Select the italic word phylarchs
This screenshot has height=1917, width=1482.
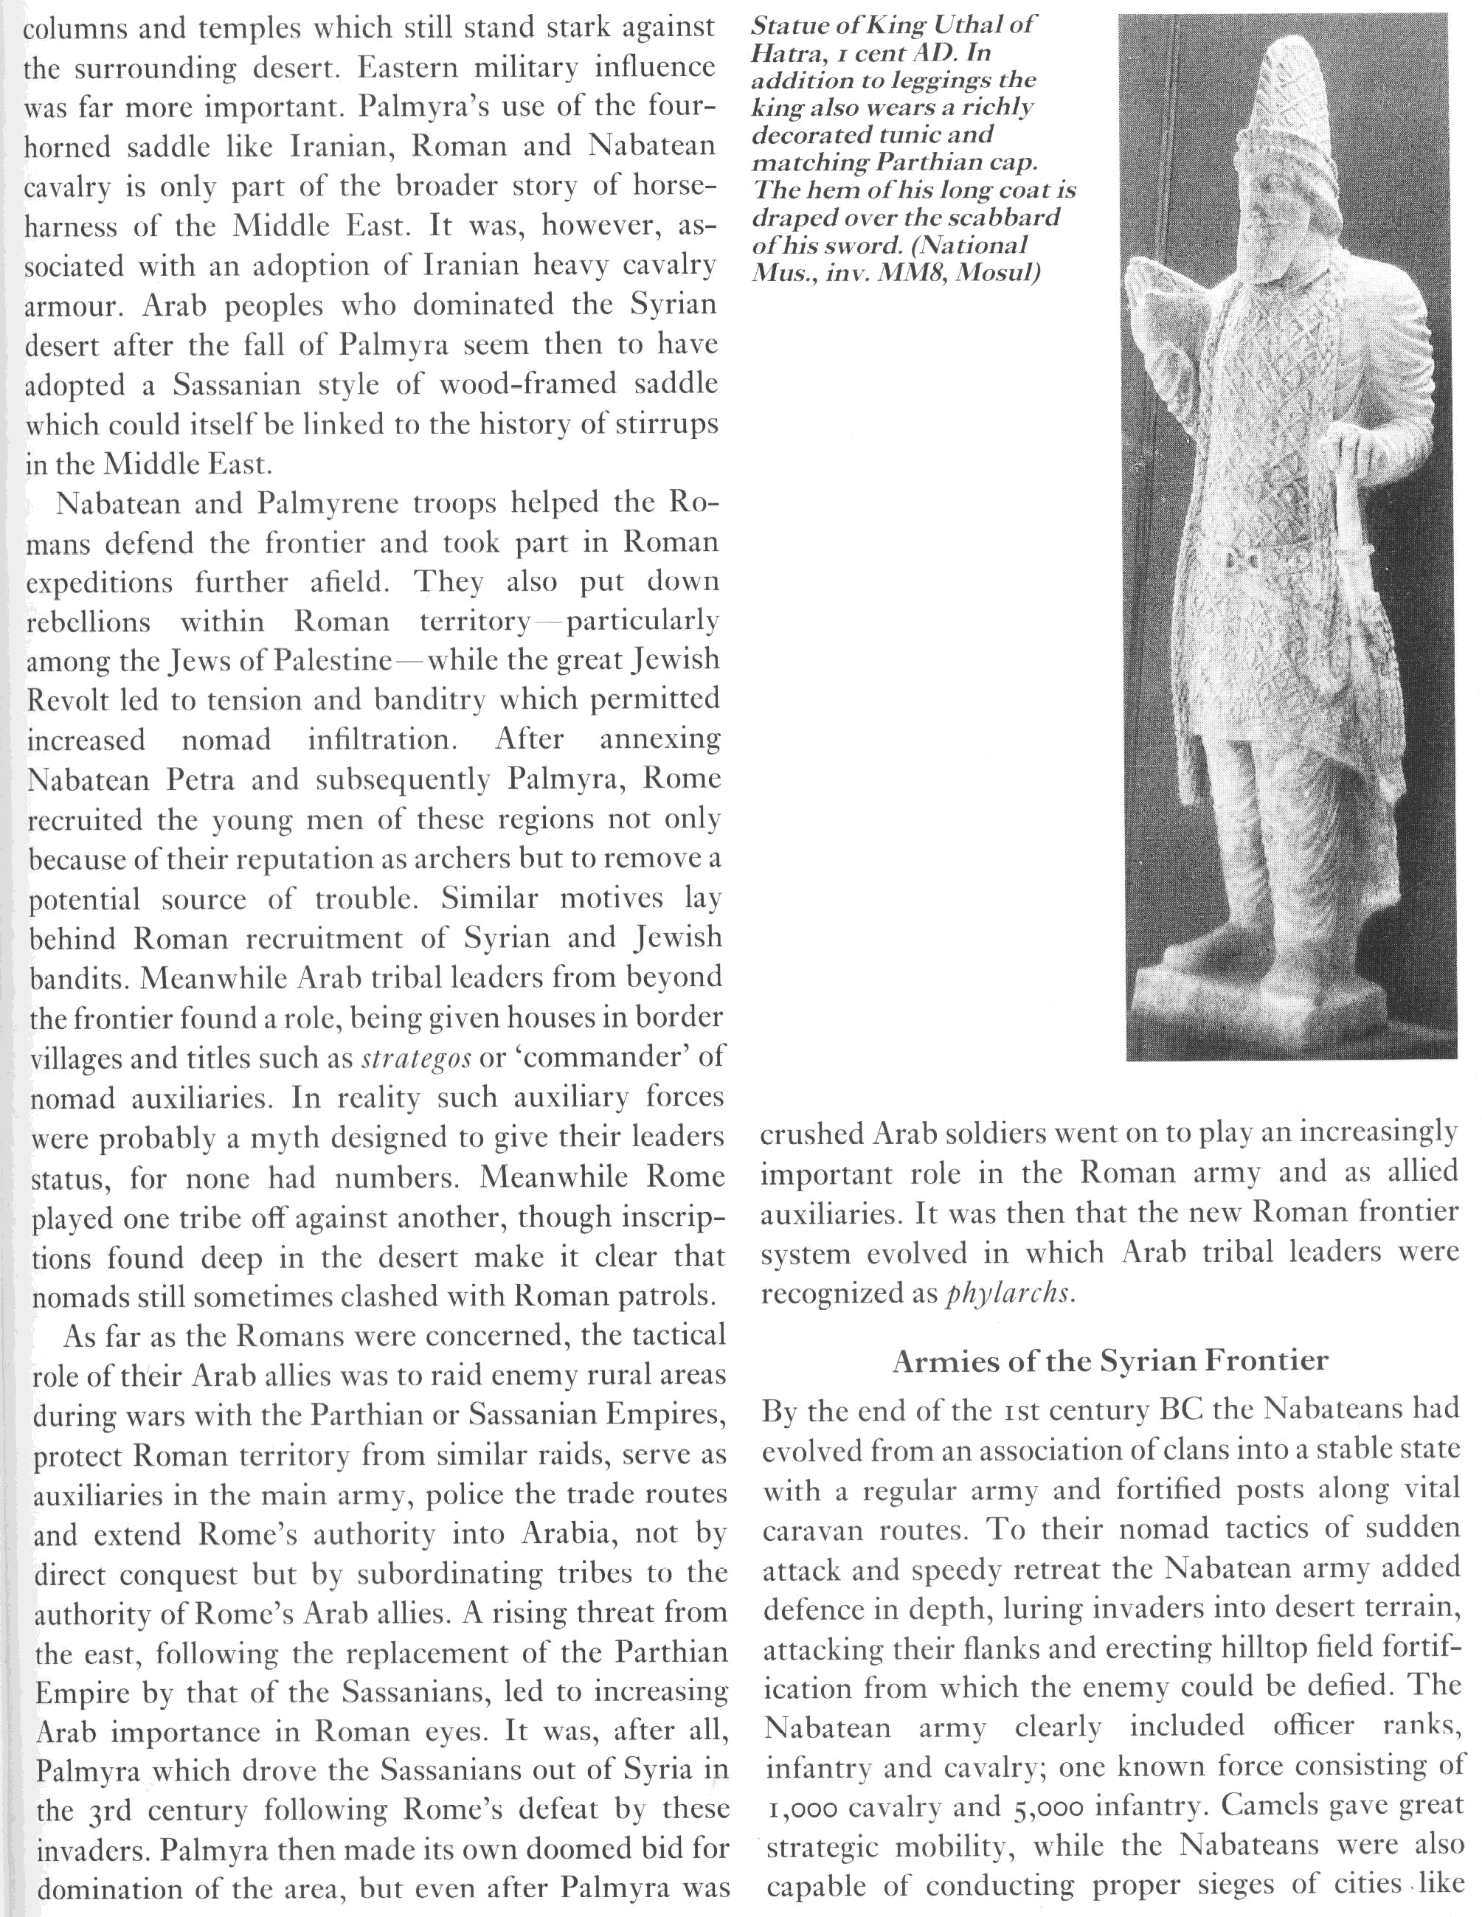click(x=1010, y=1294)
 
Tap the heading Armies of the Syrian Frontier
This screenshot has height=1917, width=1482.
click(x=1111, y=1362)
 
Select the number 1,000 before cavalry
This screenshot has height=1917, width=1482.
click(x=804, y=1806)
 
